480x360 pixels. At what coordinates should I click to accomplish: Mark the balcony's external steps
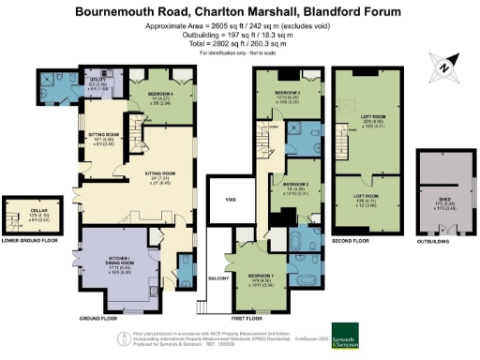(202, 307)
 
